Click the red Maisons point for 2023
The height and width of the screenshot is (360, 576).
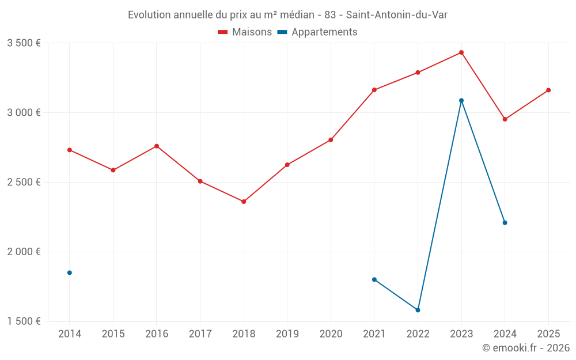pyautogui.click(x=461, y=52)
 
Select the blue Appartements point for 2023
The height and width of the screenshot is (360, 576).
pyautogui.click(x=461, y=100)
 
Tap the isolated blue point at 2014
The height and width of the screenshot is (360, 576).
pyautogui.click(x=70, y=272)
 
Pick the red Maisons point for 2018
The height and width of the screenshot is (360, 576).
pyautogui.click(x=244, y=202)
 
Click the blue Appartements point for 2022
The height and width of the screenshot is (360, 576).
pyautogui.click(x=418, y=310)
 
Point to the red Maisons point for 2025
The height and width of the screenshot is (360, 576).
pyautogui.click(x=548, y=90)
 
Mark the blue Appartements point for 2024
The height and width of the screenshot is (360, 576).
pyautogui.click(x=505, y=222)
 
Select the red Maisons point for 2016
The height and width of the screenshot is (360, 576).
pyautogui.click(x=157, y=146)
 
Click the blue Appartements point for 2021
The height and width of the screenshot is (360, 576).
pyautogui.click(x=374, y=279)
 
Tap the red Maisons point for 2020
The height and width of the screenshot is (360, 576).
pyautogui.click(x=331, y=139)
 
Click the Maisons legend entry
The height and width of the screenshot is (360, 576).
pyautogui.click(x=245, y=32)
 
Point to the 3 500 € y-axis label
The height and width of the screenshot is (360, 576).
pyautogui.click(x=24, y=43)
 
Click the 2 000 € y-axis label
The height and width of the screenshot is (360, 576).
pyautogui.click(x=24, y=252)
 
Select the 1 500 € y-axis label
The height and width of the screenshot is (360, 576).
pyautogui.click(x=24, y=321)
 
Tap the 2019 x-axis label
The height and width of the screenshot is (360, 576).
pyautogui.click(x=287, y=334)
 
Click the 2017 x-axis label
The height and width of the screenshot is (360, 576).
pyautogui.click(x=200, y=334)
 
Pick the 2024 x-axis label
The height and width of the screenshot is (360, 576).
pyautogui.click(x=505, y=334)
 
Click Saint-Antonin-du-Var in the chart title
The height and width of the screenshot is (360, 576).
pyautogui.click(x=396, y=15)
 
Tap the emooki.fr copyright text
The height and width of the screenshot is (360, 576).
pyautogui.click(x=526, y=348)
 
